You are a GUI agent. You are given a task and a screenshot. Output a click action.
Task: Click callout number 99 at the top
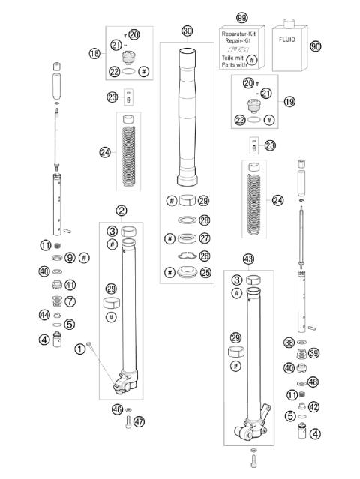tap(241, 16)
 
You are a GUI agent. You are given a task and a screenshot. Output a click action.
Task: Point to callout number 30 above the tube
tap(187, 31)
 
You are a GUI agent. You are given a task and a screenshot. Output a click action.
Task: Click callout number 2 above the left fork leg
tap(121, 211)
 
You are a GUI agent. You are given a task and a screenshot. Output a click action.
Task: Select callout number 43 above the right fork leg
tap(250, 259)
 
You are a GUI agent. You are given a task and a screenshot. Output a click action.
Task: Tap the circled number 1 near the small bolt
tap(79, 348)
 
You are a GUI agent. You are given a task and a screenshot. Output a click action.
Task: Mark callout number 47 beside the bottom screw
tap(139, 421)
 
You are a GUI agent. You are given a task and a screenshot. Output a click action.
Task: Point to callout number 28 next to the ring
tap(205, 220)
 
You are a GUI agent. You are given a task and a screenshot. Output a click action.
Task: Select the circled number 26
tap(205, 255)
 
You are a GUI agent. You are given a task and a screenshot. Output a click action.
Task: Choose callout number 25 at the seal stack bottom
tap(205, 272)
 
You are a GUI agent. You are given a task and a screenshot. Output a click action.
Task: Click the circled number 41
tap(70, 285)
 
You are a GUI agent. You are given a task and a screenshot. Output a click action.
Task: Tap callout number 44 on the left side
tap(45, 316)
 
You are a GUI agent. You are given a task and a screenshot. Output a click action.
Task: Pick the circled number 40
tap(289, 367)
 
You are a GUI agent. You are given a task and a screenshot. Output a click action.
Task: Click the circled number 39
tap(313, 353)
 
